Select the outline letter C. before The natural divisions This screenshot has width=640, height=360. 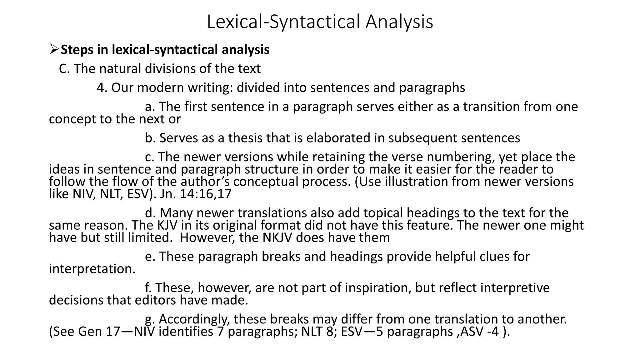(64, 69)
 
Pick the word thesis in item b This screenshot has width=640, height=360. (245, 138)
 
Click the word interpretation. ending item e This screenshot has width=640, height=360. (92, 269)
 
